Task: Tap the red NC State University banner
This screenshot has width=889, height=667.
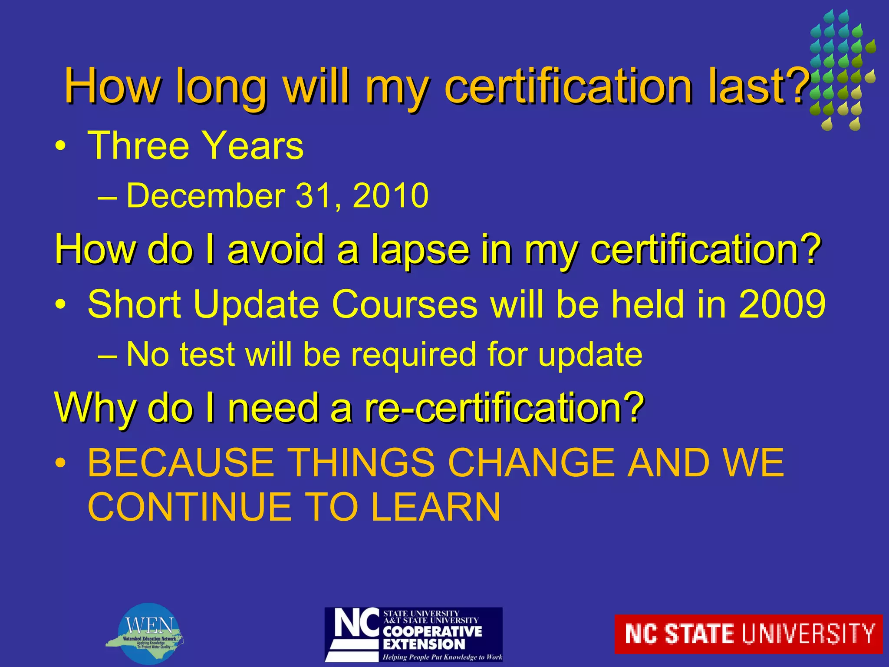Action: click(748, 634)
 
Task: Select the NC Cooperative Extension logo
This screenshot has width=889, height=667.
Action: click(413, 634)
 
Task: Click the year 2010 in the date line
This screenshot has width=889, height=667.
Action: click(391, 196)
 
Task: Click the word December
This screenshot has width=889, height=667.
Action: click(205, 196)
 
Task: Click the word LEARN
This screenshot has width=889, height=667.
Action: click(436, 507)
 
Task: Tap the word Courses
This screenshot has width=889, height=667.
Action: click(405, 304)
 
